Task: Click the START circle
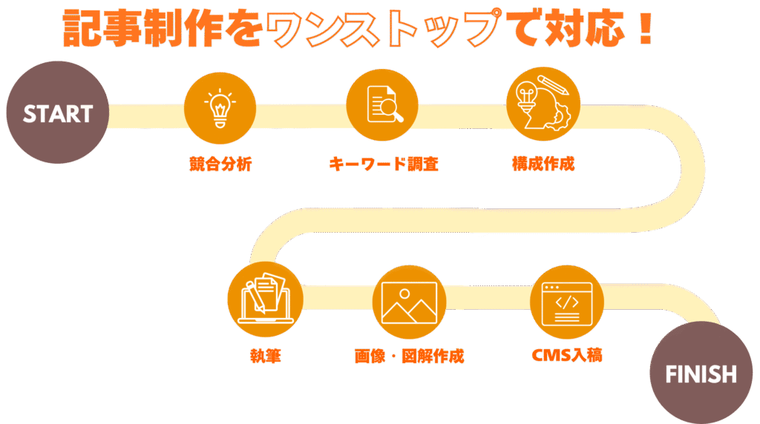(x=57, y=113)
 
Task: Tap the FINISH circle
(x=701, y=374)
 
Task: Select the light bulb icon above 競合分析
(x=220, y=110)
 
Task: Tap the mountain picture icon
(x=409, y=301)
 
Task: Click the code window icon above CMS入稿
(x=567, y=303)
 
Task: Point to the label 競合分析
(x=220, y=164)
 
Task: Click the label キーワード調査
(x=383, y=164)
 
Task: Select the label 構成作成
(x=543, y=163)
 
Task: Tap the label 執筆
(x=265, y=356)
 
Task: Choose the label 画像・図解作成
(x=409, y=356)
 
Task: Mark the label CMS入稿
(x=567, y=355)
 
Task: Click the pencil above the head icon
(x=554, y=84)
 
